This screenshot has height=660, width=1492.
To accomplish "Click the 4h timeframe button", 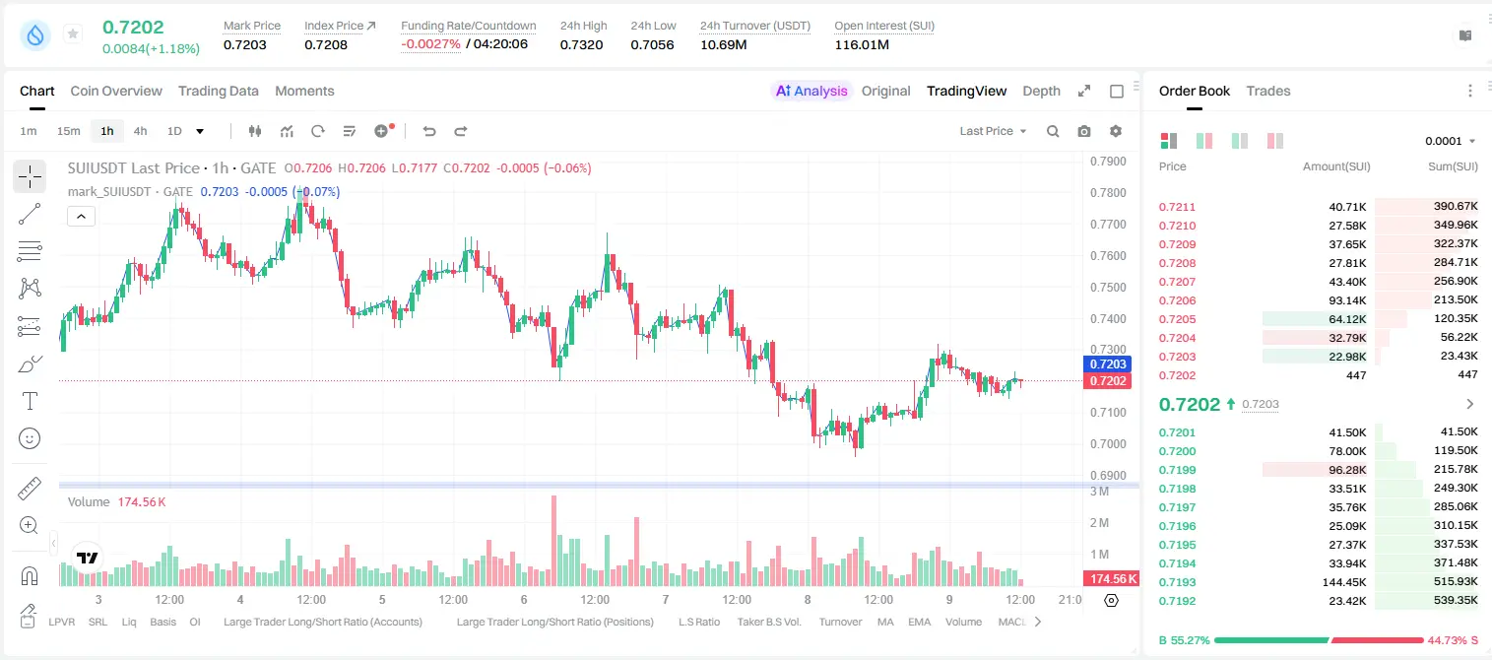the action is coord(140,131).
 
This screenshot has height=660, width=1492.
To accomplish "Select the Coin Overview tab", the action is coord(116,91).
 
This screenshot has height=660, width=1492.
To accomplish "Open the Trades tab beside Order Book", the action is coord(1268,91).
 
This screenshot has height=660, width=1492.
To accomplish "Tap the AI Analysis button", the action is coord(811,91).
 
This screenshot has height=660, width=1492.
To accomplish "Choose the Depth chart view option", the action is coord(1041,91).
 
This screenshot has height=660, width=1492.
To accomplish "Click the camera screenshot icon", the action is coord(1084,131).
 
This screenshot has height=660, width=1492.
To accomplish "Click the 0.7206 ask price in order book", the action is coord(1177,300).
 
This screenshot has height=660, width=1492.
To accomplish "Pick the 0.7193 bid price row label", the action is coord(1177,582).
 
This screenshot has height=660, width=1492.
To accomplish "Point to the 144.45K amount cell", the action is coord(1344,582).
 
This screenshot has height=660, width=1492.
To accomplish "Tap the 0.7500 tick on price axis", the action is coord(1108,287).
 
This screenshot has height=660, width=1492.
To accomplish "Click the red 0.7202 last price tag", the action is coord(1108,381).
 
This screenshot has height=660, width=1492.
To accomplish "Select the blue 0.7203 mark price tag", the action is coord(1108,364).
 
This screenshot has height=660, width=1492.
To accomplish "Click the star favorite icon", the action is coord(73,33).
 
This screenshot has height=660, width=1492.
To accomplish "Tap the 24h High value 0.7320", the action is coord(581,44).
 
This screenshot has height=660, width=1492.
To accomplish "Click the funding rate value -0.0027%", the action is coord(430,44).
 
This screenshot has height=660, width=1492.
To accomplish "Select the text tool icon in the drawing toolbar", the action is coord(30,401).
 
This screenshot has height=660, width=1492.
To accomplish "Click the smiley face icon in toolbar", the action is coord(30,438).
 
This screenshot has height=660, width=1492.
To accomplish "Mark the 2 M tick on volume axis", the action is coord(1099,523).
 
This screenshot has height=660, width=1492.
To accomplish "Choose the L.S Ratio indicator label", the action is coord(698,622).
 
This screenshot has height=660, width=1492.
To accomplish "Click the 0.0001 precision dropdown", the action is coord(1451,141).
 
